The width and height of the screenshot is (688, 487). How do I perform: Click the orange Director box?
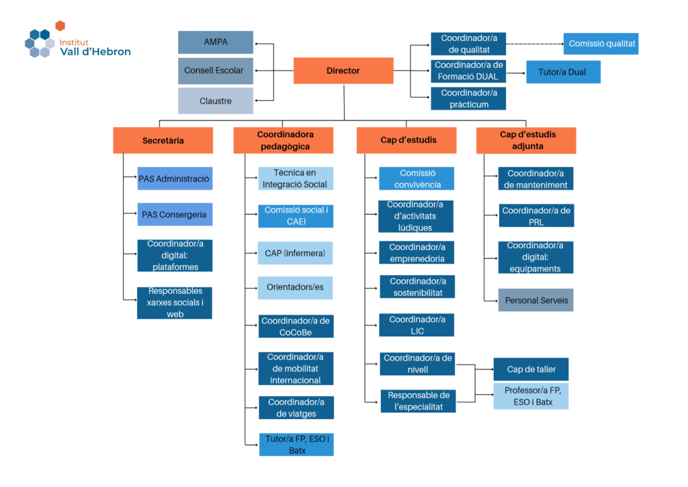(x=343, y=71)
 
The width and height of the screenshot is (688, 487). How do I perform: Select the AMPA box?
(x=216, y=42)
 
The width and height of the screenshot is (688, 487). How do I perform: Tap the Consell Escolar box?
(x=216, y=71)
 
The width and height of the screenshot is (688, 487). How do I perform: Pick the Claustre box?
(x=216, y=101)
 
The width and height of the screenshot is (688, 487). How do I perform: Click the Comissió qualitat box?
(x=600, y=44)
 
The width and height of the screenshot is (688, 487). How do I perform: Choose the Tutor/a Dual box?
(x=563, y=72)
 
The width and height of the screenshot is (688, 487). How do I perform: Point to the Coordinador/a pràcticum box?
(x=469, y=98)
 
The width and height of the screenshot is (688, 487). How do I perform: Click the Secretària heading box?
(x=163, y=141)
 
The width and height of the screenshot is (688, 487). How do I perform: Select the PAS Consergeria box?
(x=175, y=215)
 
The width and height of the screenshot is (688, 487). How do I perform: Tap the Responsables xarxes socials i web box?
(x=175, y=303)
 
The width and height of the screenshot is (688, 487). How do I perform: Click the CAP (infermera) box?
(x=296, y=253)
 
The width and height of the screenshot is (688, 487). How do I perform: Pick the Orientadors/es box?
(x=296, y=287)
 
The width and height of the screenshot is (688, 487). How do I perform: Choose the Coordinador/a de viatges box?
(x=296, y=408)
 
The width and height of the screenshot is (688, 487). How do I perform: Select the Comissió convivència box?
(x=417, y=178)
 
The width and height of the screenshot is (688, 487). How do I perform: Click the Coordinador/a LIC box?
(x=417, y=325)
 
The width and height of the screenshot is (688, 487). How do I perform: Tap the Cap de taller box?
(x=531, y=369)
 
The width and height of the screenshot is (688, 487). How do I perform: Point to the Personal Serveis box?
(x=535, y=300)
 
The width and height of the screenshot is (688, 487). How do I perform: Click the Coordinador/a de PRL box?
(x=535, y=216)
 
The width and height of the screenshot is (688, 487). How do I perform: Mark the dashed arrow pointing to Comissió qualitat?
(x=534, y=44)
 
